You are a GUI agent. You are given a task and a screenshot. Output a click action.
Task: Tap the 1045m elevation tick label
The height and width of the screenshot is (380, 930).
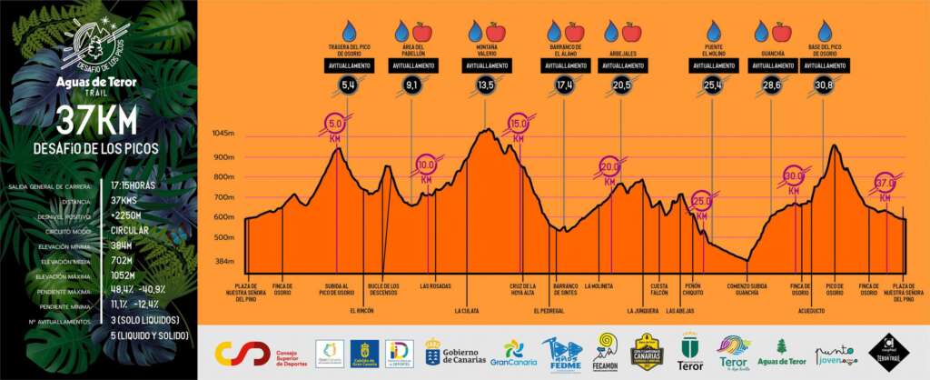(223, 134)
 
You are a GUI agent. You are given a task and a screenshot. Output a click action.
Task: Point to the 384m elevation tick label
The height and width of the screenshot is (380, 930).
(224, 261)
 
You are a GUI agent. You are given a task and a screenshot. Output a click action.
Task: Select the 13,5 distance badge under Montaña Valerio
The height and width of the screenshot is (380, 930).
(485, 85)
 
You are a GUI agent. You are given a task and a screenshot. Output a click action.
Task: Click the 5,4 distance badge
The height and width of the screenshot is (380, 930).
(348, 85)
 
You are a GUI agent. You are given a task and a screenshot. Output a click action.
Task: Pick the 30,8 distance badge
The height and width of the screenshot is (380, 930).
(824, 85)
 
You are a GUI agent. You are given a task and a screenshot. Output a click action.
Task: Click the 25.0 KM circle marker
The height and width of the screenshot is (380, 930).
(701, 204)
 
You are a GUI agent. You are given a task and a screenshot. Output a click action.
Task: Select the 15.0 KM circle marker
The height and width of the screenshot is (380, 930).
(519, 125)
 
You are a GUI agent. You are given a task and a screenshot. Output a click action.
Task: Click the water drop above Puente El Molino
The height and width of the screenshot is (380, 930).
(713, 32)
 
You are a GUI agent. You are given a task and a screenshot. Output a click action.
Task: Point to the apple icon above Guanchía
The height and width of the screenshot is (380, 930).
(780, 33)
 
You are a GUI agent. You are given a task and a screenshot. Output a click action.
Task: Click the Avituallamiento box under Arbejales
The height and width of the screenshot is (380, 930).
(622, 65)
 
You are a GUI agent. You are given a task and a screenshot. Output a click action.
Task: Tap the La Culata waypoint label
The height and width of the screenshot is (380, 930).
(467, 310)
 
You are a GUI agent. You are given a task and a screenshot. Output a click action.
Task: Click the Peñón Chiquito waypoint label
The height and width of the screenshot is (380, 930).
(693, 289)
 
